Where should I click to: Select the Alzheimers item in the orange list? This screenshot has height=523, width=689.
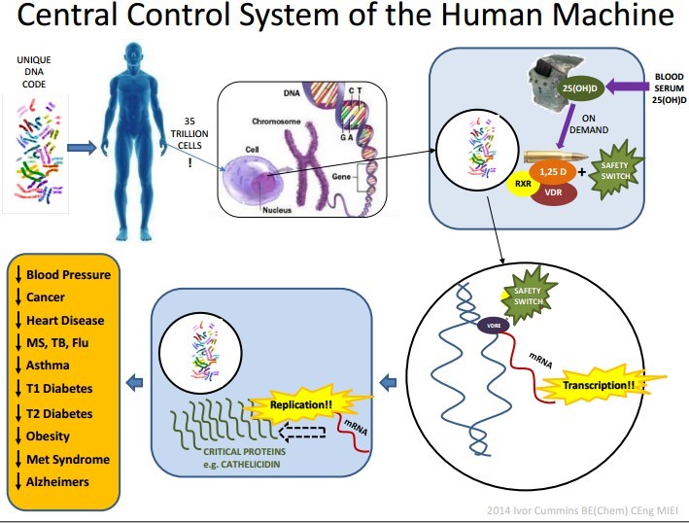(58, 481)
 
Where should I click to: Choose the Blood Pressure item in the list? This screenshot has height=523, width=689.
(68, 274)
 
